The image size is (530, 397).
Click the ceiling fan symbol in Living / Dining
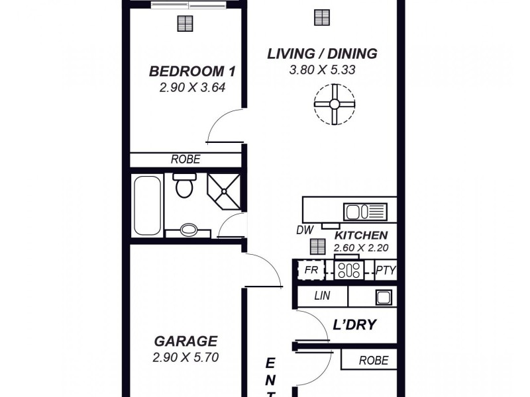point(335,105)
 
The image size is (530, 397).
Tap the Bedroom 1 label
point(192,71)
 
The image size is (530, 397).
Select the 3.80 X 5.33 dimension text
point(322,70)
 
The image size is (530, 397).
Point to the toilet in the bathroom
point(184,185)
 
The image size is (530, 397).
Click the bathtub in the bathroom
point(147,206)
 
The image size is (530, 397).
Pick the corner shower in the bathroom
point(224,191)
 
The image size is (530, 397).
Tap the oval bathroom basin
point(189,230)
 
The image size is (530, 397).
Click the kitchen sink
point(365,212)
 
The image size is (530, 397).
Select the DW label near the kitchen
point(305,230)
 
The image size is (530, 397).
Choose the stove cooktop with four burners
point(349,270)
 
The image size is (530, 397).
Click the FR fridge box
point(311,270)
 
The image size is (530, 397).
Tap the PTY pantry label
point(386,271)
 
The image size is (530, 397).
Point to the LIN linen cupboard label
point(322,296)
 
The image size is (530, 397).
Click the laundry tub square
point(384,297)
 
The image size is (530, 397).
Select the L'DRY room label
point(354,324)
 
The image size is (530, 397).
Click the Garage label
point(185,341)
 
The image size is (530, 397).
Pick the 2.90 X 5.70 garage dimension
point(185,357)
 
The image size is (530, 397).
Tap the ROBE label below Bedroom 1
point(185,159)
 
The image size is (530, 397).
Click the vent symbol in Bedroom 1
point(185,24)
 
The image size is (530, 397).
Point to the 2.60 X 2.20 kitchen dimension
point(361,248)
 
